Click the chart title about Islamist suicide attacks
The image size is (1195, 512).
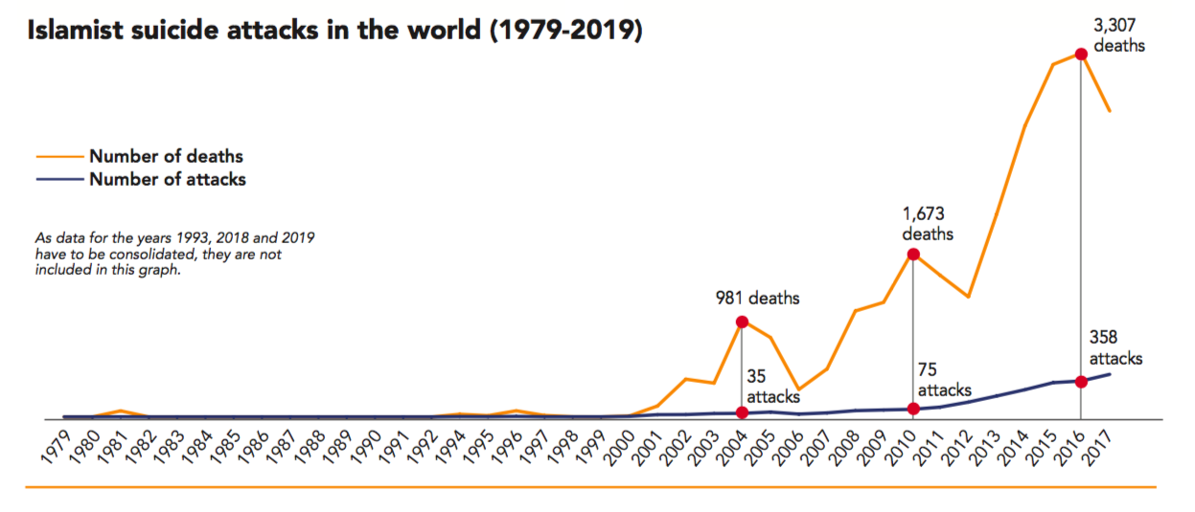coord(334,32)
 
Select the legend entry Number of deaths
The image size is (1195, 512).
coord(166,156)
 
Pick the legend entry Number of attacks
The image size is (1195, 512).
coord(168,179)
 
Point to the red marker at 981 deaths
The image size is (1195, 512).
coord(742,322)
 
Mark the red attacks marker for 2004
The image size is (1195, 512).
coord(742,412)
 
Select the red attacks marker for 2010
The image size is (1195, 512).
coord(913,409)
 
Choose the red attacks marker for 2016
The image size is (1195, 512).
coord(1082,382)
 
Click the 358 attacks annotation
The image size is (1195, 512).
coord(1115,347)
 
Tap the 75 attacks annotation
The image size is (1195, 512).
coord(944,380)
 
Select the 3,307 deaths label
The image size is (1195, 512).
coord(1118,34)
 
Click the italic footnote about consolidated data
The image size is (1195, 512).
coord(175,253)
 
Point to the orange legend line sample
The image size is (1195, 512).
coord(59,156)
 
